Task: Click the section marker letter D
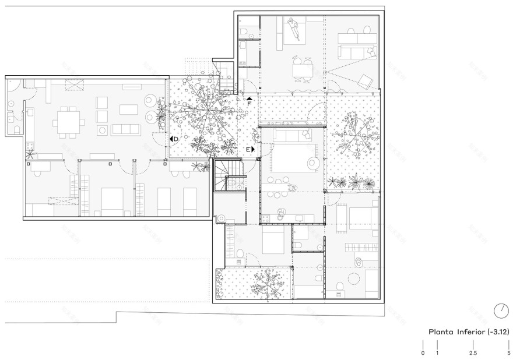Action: point(175,139)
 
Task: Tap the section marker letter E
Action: point(248,150)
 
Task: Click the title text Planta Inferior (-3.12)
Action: point(469,331)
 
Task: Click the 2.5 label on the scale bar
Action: point(473,353)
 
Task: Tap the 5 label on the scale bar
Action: point(508,353)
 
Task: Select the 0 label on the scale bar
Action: point(423,353)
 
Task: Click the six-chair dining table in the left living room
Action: point(68,122)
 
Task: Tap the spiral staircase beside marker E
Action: point(228,176)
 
